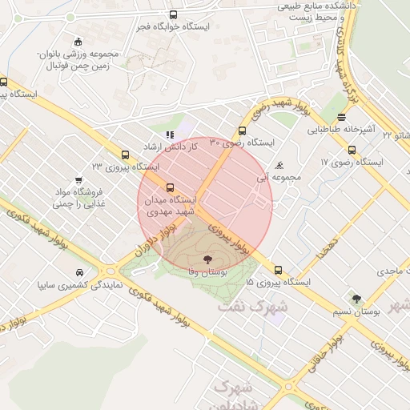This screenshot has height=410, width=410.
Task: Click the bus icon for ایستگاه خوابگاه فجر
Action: [x=174, y=15]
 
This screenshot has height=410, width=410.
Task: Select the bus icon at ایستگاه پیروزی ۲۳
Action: [x=124, y=155]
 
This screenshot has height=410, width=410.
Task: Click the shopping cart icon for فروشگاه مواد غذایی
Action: [x=78, y=181]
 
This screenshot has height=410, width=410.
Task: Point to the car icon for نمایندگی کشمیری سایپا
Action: [x=78, y=272]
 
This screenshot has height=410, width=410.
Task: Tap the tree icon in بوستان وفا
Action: [x=208, y=259]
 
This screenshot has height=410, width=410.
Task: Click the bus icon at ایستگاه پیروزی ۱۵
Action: [x=278, y=270]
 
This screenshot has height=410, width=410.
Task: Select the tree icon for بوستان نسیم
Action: [x=356, y=299]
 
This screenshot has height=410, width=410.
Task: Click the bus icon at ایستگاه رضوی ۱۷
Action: [x=352, y=150]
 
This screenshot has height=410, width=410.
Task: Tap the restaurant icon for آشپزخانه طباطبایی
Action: [x=342, y=116]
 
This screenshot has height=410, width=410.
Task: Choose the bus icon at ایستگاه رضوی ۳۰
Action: [x=242, y=131]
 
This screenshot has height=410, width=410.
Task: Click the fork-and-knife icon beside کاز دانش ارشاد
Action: [x=168, y=135]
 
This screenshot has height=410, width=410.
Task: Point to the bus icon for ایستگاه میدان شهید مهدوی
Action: [x=169, y=187]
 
